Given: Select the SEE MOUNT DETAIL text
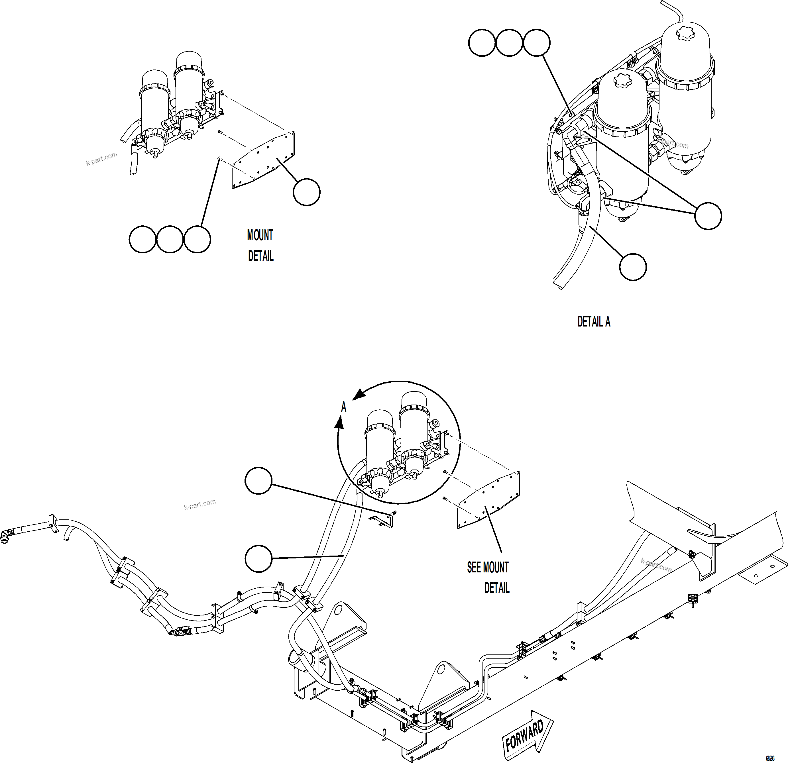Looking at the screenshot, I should [x=488, y=578].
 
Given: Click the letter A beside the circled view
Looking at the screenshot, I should [x=343, y=407].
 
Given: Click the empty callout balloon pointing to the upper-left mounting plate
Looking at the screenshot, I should [x=306, y=193].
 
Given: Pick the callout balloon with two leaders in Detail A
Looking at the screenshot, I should [x=708, y=216].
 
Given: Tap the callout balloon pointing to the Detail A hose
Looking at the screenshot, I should [x=632, y=267].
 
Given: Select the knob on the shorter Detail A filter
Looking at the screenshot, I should [x=622, y=79].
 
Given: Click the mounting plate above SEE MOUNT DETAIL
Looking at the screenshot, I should [x=488, y=501].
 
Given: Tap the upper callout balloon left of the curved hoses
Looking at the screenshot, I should [x=258, y=480].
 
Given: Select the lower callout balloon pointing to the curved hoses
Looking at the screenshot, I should [x=258, y=558].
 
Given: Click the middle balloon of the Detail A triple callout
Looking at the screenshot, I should [x=509, y=43].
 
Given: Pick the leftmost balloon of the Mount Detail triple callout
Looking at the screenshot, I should [x=142, y=240].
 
